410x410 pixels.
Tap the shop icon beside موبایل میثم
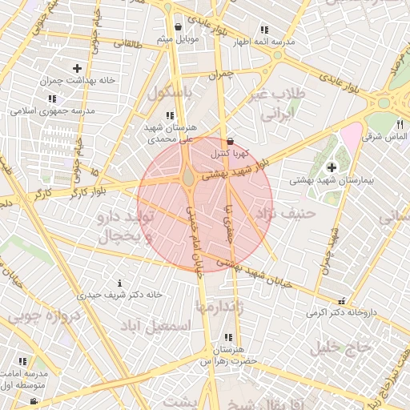pyautogui.click(x=177, y=26)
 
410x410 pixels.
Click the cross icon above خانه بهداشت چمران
pyautogui.click(x=77, y=69)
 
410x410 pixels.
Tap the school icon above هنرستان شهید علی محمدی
pyautogui.click(x=169, y=116)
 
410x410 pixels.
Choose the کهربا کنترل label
pyautogui.click(x=231, y=151)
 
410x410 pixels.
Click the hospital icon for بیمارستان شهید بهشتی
pyautogui.click(x=332, y=167)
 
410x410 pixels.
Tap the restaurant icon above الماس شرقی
pyautogui.click(x=400, y=124)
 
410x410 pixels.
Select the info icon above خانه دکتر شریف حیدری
pyautogui.click(x=120, y=283)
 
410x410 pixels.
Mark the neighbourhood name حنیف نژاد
pyautogui.click(x=286, y=214)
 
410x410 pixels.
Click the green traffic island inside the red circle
pyautogui.click(x=187, y=179)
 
